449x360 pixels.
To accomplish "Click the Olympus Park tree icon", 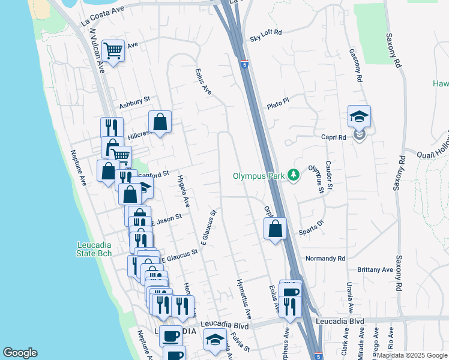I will click(x=293, y=175).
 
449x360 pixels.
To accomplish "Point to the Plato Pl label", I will click(x=278, y=101).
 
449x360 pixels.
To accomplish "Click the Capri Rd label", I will click(x=334, y=137).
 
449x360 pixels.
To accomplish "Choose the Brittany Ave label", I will click(x=376, y=270).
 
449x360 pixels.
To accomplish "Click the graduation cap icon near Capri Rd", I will click(x=359, y=116).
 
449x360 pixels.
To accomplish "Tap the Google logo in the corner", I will click(x=20, y=353).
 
